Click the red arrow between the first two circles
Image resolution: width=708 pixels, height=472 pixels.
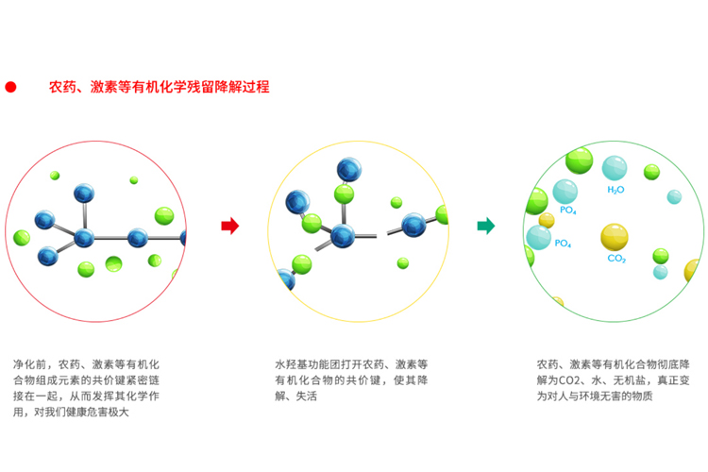(x=229, y=226)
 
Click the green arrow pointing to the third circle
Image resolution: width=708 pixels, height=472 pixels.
(x=486, y=226)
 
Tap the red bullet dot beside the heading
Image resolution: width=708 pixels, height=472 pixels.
(x=10, y=87)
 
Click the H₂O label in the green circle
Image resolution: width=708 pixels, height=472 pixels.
(x=615, y=190)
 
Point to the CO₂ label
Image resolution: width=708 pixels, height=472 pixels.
(x=616, y=259)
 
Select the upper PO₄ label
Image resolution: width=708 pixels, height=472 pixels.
(x=568, y=210)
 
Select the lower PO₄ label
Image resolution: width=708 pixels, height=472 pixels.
(x=563, y=244)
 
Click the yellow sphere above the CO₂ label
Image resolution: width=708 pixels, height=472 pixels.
(x=615, y=237)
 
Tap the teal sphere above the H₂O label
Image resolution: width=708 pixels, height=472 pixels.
(x=615, y=168)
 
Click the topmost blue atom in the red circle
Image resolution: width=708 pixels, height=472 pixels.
(x=84, y=194)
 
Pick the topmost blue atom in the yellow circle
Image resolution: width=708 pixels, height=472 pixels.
(x=349, y=170)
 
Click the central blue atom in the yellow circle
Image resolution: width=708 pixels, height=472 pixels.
(x=343, y=236)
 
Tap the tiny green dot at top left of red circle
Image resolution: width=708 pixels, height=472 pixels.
(x=55, y=176)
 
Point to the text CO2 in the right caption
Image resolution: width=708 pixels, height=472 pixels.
(x=569, y=380)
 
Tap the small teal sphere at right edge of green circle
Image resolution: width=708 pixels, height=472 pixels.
(x=674, y=197)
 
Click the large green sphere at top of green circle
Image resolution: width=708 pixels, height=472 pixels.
(x=580, y=160)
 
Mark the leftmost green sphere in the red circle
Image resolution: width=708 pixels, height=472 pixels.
(x=22, y=238)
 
